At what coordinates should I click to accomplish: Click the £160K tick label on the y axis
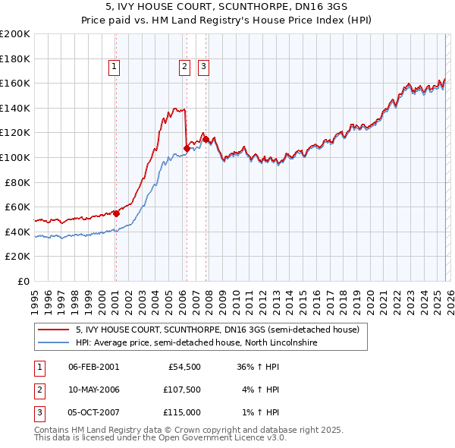coord(15,83)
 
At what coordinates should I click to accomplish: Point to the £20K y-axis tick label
coord(17,257)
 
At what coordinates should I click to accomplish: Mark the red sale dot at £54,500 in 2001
coord(116,213)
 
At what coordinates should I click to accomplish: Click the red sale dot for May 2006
coord(187,147)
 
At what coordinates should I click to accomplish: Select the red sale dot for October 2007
coord(206,138)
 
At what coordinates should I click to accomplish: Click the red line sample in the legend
coord(54,330)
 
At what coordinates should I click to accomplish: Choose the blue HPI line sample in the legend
coord(54,343)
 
